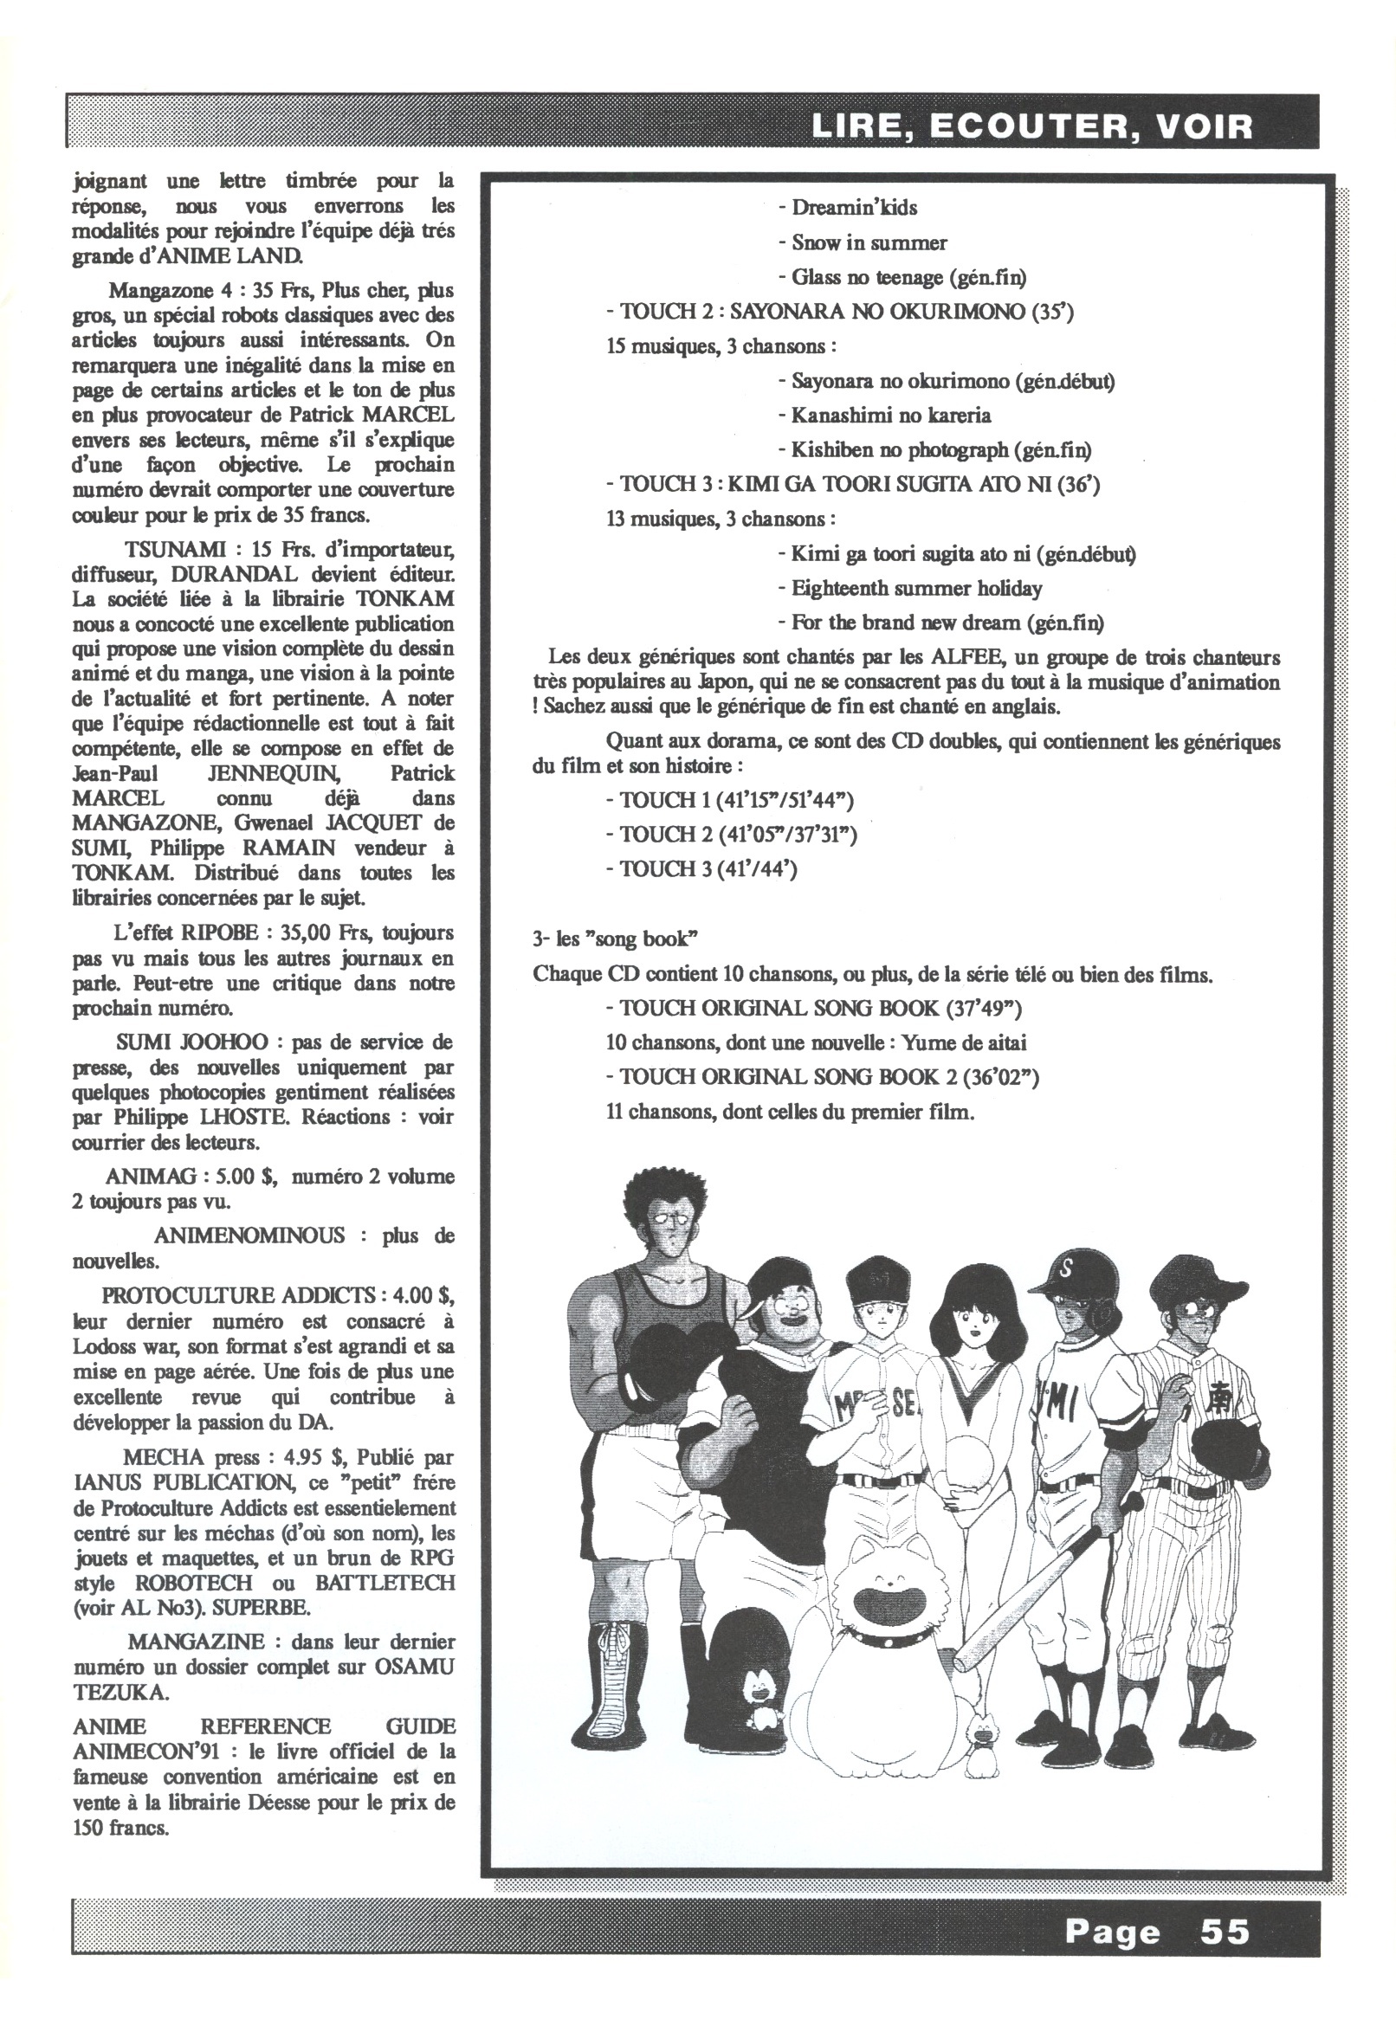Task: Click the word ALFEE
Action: click(x=962, y=657)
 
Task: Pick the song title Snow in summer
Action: click(x=869, y=242)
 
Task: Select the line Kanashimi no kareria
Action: click(x=890, y=416)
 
